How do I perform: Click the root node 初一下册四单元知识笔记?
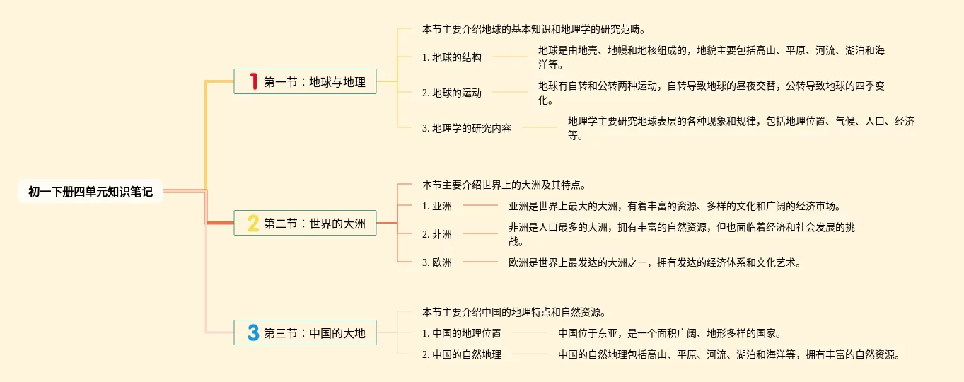91,192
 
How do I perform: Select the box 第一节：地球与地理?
305,81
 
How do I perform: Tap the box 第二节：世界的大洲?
305,223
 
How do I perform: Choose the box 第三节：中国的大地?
305,332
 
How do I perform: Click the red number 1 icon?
252,81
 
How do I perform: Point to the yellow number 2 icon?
252,224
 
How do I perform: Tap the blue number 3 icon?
252,332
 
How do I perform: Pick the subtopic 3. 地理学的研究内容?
466,129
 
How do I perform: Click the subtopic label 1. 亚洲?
437,207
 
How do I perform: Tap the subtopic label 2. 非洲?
437,234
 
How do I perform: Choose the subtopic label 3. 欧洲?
437,262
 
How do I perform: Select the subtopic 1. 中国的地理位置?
461,333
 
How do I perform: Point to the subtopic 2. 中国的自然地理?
461,355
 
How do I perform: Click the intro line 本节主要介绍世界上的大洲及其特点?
504,185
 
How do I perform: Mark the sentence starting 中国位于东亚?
669,333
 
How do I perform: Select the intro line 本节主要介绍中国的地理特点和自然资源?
513,312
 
